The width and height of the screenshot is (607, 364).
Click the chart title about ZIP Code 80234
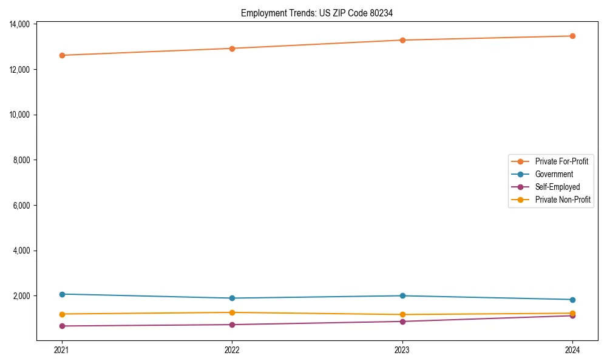[x=316, y=13]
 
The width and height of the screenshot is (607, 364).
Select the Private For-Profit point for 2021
[x=61, y=55]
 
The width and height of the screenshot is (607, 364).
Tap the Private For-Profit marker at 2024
[x=572, y=36]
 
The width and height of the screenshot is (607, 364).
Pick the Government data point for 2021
[x=61, y=294]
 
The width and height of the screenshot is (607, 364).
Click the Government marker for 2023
[x=402, y=296]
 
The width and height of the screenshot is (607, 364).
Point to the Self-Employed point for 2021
[x=61, y=326]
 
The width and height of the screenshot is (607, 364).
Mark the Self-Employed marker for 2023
[x=402, y=322]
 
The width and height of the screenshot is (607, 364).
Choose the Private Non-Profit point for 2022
[x=232, y=312]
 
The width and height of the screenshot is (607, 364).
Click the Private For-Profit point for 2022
[x=232, y=49]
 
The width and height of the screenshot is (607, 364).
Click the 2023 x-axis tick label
[x=402, y=349]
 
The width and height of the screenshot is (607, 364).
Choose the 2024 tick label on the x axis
[x=572, y=349]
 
